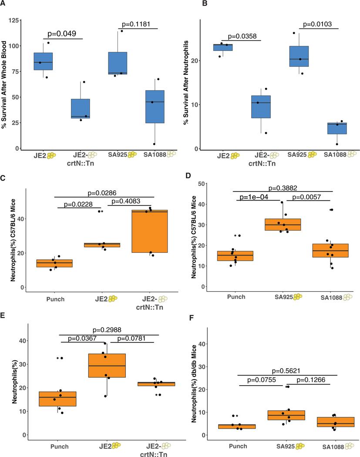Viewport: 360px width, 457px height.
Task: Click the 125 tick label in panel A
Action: tap(16, 21)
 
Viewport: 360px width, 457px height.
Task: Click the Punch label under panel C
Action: tap(57, 299)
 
